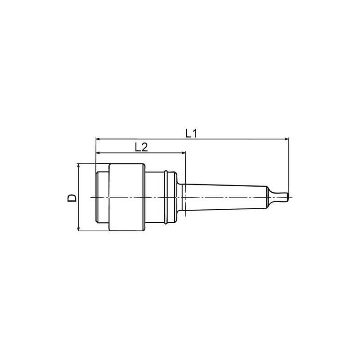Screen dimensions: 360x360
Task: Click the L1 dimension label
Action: [191, 133]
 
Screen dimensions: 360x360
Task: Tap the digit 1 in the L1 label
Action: [195, 133]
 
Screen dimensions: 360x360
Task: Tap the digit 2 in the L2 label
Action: [145, 147]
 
